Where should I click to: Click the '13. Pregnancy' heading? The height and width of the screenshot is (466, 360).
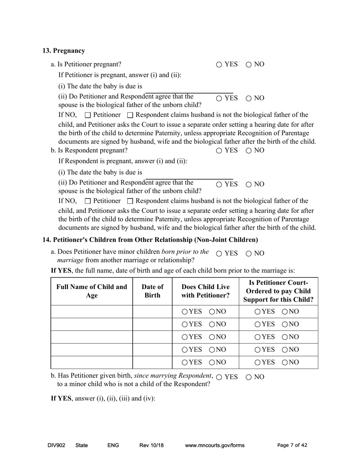coord(64,51)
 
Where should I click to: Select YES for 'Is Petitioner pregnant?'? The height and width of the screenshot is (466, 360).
coord(219,65)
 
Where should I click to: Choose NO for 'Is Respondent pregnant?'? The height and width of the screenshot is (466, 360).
coord(249,151)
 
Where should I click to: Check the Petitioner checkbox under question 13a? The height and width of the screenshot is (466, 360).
coord(88,115)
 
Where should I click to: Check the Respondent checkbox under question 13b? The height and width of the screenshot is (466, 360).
coord(130,201)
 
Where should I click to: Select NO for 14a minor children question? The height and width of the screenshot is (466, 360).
coord(249,254)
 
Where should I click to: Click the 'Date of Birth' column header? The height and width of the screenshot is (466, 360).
coord(152,291)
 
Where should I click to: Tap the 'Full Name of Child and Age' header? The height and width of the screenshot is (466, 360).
coord(92,291)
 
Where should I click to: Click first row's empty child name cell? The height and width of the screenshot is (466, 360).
coord(92,311)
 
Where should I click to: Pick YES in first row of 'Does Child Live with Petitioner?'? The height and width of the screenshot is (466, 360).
coord(185,312)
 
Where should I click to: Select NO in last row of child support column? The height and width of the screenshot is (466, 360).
coord(285,363)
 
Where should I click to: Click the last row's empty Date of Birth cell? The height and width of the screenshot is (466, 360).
coord(152,362)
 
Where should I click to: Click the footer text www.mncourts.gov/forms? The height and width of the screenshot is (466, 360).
coord(214,446)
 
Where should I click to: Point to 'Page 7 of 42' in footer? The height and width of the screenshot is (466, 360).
coord(292,446)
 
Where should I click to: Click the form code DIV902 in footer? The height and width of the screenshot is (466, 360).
coord(56,446)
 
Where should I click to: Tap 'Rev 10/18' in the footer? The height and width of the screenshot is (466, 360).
coord(152,446)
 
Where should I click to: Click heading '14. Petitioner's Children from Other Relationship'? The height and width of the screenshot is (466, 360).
coord(150,240)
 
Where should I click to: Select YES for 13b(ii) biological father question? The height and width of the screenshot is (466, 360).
coord(219,185)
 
